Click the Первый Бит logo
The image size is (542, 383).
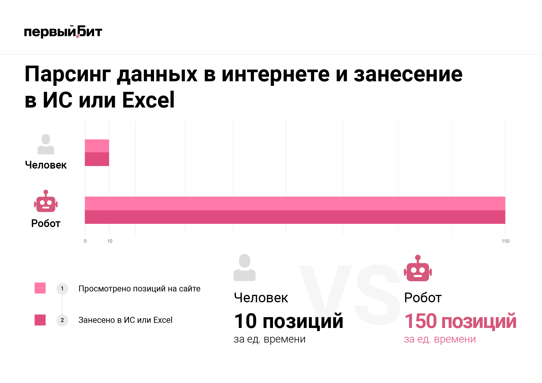[x=63, y=32]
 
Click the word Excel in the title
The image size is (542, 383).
[x=148, y=100]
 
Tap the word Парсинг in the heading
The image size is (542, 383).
[x=68, y=74]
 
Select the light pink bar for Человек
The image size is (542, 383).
[x=97, y=146]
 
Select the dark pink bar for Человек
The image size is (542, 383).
[x=97, y=159]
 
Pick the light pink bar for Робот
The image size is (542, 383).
[x=295, y=203]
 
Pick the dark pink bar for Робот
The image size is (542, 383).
[x=295, y=217]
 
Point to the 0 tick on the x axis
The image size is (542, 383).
[x=85, y=241]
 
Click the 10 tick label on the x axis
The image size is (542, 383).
[x=110, y=241]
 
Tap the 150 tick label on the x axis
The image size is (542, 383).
[x=505, y=241]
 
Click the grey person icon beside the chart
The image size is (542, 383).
[x=46, y=144]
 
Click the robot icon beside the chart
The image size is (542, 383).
[x=46, y=201]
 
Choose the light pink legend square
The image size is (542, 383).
[x=40, y=288]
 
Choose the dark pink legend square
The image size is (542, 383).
[x=40, y=320]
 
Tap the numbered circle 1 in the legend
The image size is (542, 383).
[x=62, y=289]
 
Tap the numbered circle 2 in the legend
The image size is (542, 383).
[x=62, y=320]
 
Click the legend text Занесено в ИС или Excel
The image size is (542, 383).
[x=125, y=320]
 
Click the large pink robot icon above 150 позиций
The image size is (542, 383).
[x=418, y=268]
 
